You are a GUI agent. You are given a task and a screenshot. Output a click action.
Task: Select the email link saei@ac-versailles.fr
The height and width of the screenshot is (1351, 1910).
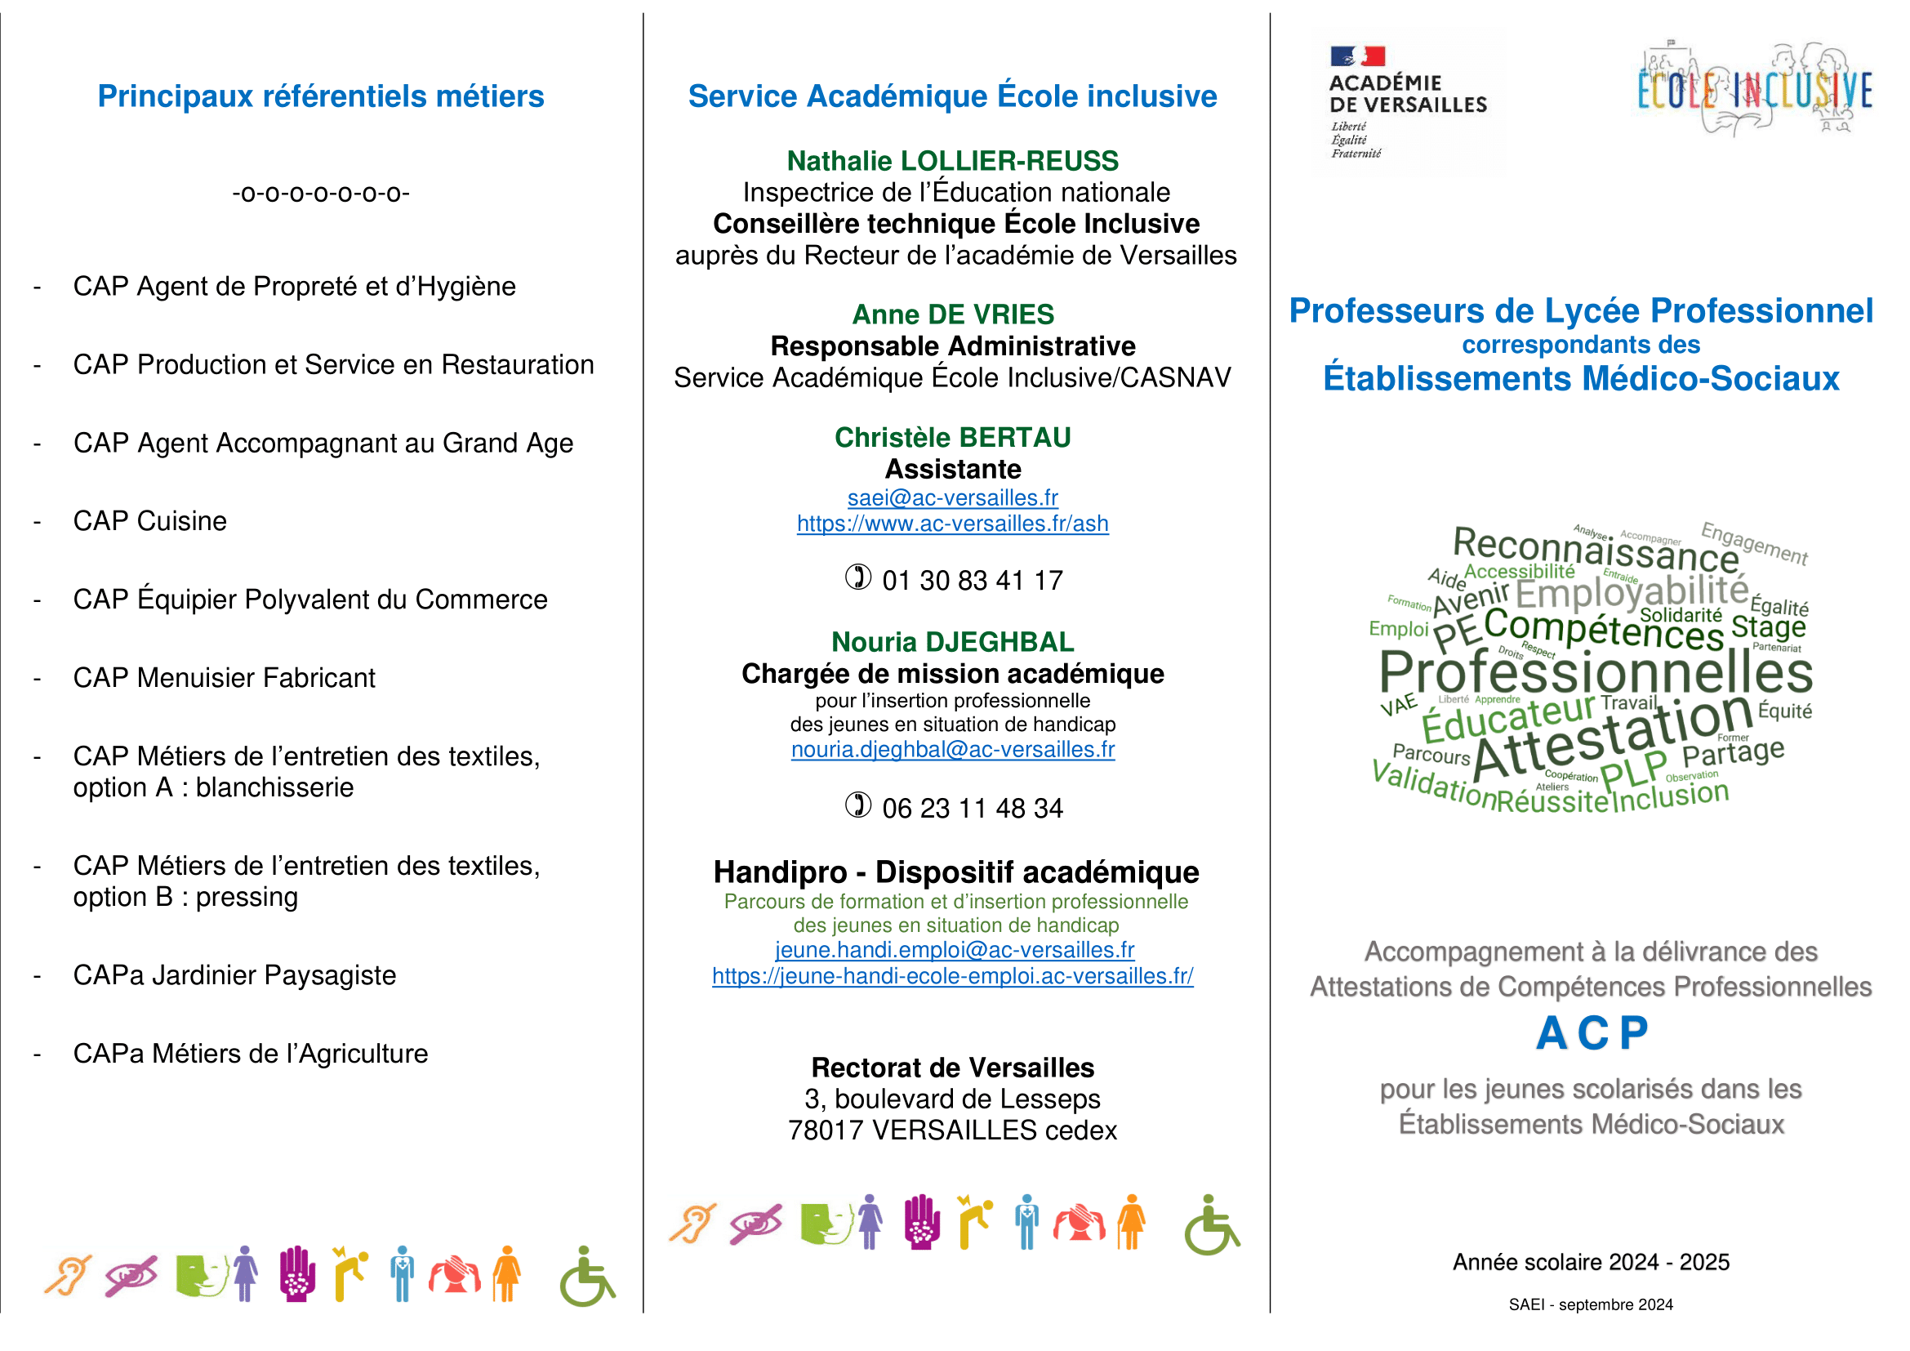[x=952, y=497]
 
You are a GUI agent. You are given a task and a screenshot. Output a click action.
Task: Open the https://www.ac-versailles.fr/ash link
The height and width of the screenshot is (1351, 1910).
[x=952, y=524]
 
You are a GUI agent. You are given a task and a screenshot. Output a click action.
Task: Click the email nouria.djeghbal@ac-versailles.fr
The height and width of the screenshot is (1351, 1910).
[x=952, y=750]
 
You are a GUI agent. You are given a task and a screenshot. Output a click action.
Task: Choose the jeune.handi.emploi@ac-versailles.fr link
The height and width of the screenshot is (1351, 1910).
[x=954, y=950]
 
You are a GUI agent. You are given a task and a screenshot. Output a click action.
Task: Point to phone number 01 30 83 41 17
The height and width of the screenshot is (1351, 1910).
[x=972, y=580]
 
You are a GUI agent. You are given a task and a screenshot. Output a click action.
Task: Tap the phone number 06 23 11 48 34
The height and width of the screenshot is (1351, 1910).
[x=972, y=808]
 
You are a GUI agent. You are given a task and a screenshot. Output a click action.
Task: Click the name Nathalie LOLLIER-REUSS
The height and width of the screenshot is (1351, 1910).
[x=952, y=161]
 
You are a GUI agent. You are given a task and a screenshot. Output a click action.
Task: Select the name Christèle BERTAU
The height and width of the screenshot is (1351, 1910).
[x=952, y=438]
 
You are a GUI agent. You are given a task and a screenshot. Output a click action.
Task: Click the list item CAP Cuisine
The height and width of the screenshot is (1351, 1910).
[x=149, y=521]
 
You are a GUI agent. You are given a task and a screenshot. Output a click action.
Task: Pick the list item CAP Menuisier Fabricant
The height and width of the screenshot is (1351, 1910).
[x=224, y=678]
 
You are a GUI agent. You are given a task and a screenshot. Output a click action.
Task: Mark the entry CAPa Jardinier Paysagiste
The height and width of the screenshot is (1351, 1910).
[x=234, y=975]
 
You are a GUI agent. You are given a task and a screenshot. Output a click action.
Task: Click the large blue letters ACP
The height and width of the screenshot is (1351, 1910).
[x=1592, y=1034]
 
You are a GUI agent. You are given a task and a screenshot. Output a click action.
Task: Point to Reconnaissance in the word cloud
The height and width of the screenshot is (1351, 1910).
[x=1596, y=550]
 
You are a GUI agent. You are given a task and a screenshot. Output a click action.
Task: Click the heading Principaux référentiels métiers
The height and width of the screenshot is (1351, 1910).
[x=320, y=96]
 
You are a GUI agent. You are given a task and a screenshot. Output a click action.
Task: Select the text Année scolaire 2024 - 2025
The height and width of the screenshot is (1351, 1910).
[x=1591, y=1262]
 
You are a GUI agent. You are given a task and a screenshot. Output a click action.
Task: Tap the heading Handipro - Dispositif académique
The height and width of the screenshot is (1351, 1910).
[x=956, y=872]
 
